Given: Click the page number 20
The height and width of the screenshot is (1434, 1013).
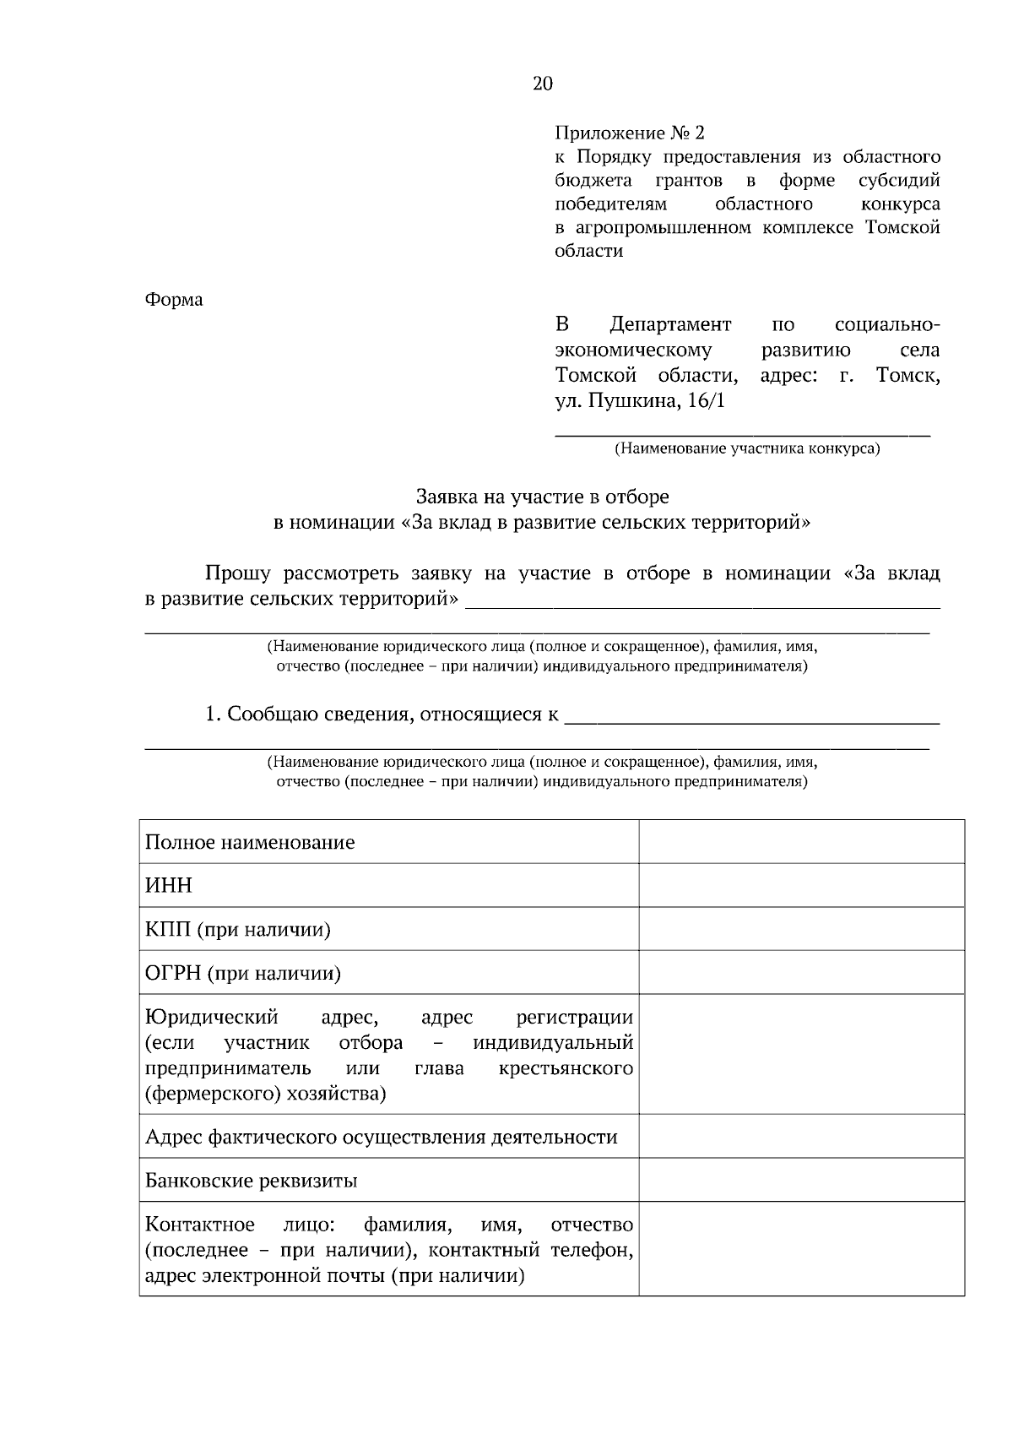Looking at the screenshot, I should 543,83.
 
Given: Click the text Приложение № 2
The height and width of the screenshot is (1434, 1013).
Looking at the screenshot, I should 629,133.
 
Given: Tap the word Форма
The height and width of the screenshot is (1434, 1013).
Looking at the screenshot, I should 174,300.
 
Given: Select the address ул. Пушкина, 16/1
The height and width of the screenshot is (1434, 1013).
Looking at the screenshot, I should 640,400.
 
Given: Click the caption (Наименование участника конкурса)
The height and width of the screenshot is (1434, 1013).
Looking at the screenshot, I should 746,448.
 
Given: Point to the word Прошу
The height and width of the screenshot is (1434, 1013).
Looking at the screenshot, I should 238,574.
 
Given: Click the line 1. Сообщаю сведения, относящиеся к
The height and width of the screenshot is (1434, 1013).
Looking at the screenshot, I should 382,714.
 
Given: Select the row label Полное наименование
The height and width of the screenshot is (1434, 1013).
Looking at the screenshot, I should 250,843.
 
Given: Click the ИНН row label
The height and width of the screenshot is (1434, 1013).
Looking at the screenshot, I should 169,886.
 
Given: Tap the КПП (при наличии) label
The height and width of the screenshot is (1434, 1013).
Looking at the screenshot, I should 237,930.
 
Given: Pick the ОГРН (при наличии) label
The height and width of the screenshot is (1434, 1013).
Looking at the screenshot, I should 243,974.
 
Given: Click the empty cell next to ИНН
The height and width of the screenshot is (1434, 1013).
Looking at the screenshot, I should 801,886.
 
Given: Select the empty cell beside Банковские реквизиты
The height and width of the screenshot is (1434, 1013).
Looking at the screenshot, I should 801,1180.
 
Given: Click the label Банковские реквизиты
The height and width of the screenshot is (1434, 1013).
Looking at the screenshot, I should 251,1181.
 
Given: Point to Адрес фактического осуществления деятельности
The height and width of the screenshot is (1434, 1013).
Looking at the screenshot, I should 381,1137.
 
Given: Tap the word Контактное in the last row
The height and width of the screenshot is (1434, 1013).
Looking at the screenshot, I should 200,1225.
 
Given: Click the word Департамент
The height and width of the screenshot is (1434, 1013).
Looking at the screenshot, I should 670,325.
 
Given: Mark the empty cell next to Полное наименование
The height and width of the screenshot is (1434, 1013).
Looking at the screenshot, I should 801,842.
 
